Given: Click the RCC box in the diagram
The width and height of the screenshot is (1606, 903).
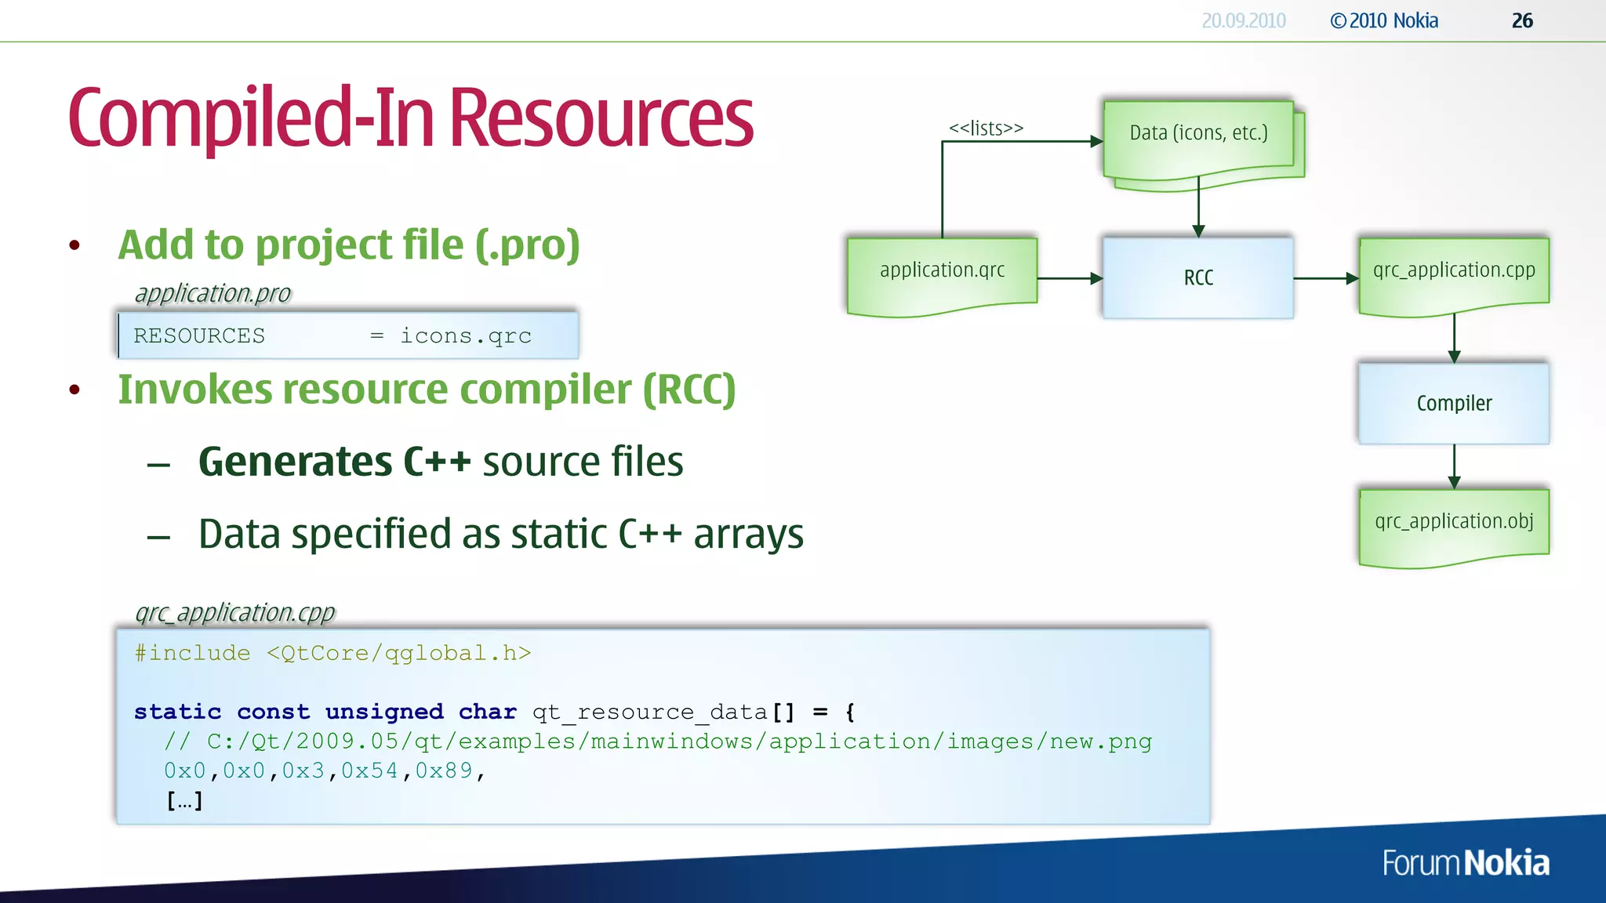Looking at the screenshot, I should (x=1197, y=277).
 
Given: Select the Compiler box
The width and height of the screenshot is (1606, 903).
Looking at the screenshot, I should (x=1453, y=403).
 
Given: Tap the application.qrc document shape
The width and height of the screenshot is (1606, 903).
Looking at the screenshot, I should (x=942, y=274).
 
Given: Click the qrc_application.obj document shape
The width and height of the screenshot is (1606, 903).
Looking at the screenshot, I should (x=1453, y=524).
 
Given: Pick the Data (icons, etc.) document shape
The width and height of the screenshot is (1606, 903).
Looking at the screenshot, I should (x=1198, y=136).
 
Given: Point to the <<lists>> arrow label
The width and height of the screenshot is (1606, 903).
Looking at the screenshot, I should (x=986, y=128).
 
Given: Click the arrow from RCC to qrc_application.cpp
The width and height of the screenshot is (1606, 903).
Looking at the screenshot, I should (x=1325, y=278).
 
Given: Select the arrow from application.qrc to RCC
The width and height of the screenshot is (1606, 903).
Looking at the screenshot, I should (x=1070, y=278).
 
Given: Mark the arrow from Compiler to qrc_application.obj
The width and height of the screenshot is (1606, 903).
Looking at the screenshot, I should (x=1454, y=466).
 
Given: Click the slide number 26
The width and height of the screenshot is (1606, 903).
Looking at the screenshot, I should (x=1521, y=21).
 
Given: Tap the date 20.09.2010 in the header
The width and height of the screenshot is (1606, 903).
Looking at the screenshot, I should (x=1243, y=21).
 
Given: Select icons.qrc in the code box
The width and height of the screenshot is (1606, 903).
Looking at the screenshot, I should (x=466, y=336).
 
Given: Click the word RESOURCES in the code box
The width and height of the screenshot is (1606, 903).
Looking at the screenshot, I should (x=199, y=336).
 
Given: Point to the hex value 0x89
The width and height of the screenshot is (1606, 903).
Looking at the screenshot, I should (x=444, y=771).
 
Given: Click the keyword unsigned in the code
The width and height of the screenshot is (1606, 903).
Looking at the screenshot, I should (x=384, y=712).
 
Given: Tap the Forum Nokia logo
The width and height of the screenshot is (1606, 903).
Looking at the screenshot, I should (x=1465, y=863).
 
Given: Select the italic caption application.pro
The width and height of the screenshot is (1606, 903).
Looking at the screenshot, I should (x=213, y=294).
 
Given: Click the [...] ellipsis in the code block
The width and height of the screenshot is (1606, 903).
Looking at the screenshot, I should (x=184, y=801).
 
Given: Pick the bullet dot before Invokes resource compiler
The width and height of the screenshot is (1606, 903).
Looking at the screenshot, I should (x=74, y=390).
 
